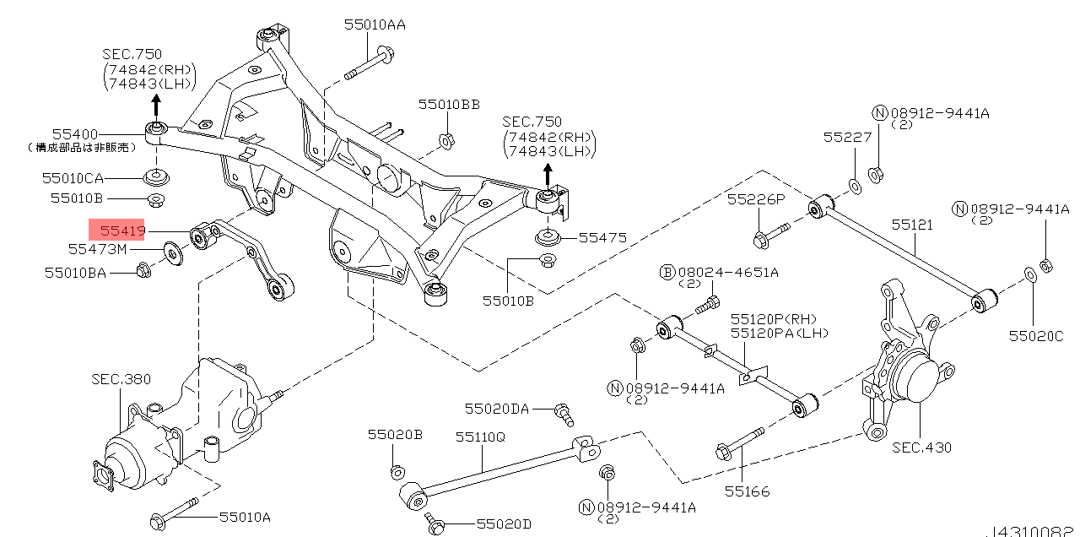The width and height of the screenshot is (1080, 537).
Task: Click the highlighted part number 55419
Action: click(x=122, y=231)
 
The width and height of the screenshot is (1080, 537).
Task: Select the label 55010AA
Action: click(x=375, y=24)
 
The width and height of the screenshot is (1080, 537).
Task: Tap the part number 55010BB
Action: click(x=449, y=105)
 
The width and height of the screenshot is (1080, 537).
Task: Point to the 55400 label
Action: click(x=75, y=134)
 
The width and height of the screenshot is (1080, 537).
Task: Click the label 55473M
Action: click(x=97, y=249)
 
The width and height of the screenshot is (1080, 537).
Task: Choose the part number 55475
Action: click(x=602, y=237)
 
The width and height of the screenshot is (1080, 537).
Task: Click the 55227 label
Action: click(x=847, y=138)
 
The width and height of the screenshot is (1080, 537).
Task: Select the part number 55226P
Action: click(x=756, y=199)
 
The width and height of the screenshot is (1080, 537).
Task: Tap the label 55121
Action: click(x=912, y=225)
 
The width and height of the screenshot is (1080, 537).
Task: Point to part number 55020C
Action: click(x=1036, y=336)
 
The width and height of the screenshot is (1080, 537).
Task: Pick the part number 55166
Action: click(x=747, y=491)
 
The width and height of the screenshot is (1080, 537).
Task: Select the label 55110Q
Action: click(x=480, y=437)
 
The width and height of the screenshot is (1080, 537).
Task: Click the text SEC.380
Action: click(x=121, y=379)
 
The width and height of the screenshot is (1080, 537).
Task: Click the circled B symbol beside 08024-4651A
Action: click(x=667, y=273)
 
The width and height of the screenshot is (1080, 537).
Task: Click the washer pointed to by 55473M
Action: click(x=173, y=253)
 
